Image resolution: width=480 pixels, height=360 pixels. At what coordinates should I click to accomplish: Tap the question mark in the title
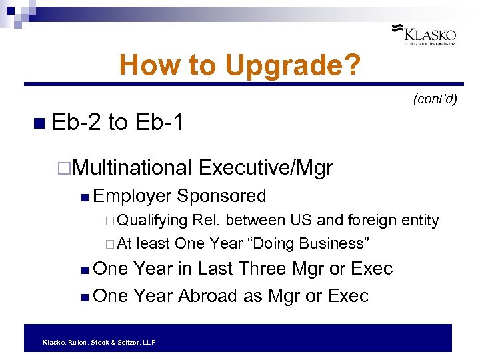click(x=353, y=65)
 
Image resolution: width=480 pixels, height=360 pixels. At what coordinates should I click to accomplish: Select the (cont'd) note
click(x=435, y=99)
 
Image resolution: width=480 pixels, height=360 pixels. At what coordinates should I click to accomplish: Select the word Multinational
click(x=132, y=167)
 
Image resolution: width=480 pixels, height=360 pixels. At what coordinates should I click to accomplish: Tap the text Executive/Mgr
click(x=265, y=167)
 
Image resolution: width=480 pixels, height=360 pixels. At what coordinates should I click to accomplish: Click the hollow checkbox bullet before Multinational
click(x=64, y=168)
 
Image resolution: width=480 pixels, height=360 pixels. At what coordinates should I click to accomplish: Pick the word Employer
click(x=132, y=196)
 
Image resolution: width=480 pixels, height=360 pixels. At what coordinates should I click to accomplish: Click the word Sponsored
click(x=221, y=196)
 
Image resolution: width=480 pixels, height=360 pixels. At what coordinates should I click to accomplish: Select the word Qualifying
click(x=153, y=220)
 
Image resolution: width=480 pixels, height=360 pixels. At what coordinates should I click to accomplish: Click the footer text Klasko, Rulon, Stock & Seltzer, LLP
click(x=99, y=342)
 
